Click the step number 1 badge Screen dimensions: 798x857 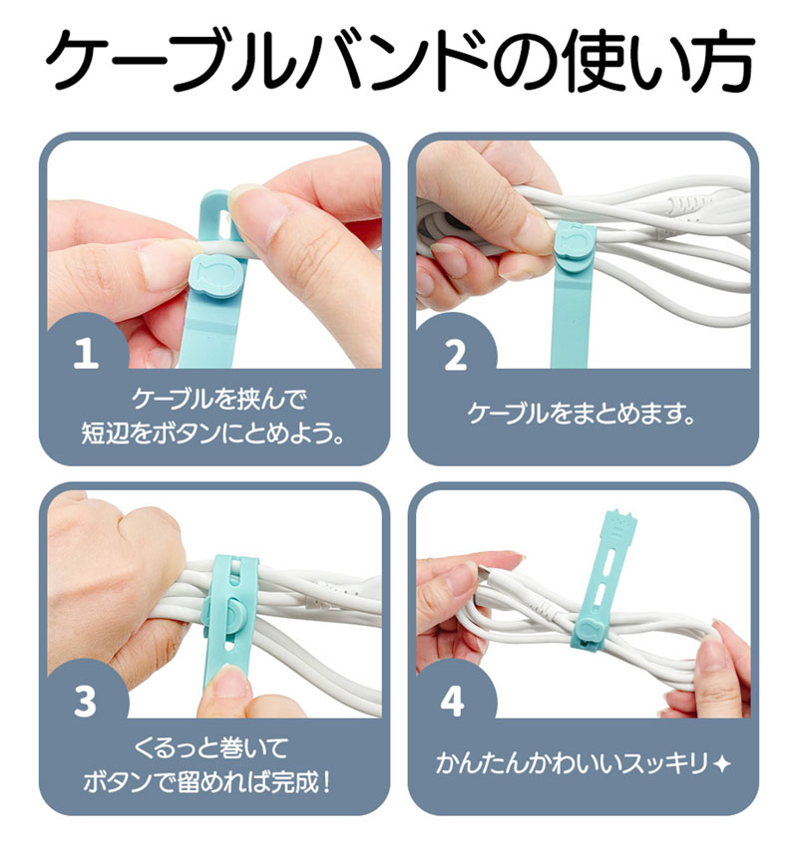click(x=86, y=352)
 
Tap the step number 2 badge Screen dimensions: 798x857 click(x=455, y=355)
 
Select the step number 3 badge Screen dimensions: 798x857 click(x=86, y=701)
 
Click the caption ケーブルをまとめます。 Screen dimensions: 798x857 click(x=582, y=414)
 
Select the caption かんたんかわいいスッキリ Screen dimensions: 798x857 click(x=573, y=762)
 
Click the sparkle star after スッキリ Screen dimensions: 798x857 click(x=722, y=763)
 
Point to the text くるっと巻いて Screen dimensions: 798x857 click(x=210, y=747)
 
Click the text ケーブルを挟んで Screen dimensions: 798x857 click(x=218, y=399)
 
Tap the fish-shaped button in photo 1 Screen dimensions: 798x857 click(x=216, y=277)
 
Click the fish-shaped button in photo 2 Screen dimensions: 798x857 click(x=576, y=243)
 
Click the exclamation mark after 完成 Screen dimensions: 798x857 click(x=326, y=782)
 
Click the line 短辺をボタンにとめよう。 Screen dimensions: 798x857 click(x=212, y=432)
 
